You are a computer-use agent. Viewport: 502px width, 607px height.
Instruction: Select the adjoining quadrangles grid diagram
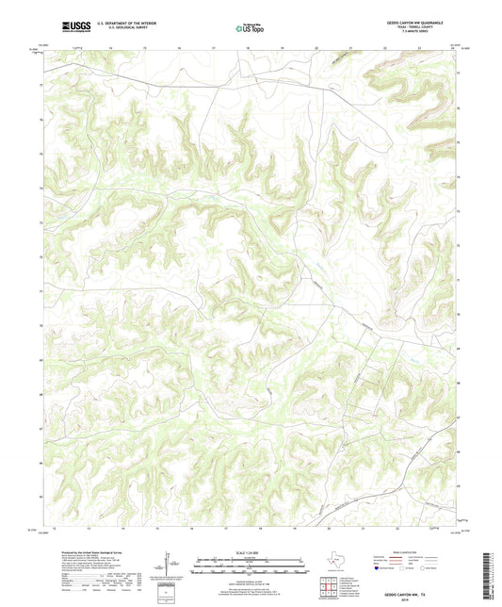coord(330,587)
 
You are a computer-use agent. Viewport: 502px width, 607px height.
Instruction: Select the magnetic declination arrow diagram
coord(167,568)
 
